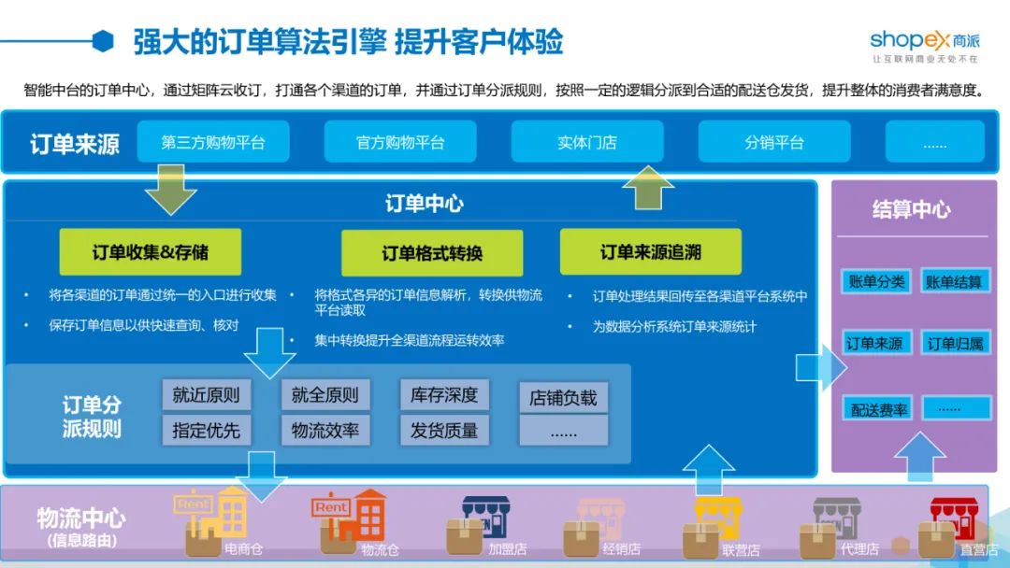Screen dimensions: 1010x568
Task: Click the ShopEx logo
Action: [x=924, y=46]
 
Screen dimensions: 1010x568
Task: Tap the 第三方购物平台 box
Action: [x=213, y=142]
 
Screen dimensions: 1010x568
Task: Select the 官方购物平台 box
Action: [x=400, y=142]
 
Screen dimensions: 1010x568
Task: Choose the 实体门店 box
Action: [x=587, y=142]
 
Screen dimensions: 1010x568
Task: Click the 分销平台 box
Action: [x=774, y=142]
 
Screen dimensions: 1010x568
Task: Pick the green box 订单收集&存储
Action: [x=150, y=252]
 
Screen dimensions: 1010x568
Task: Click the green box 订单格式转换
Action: [x=432, y=253]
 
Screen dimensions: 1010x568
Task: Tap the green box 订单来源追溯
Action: [x=651, y=251]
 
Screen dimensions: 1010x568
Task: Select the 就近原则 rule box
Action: [x=206, y=395]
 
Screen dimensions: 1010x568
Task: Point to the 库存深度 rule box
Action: [x=444, y=395]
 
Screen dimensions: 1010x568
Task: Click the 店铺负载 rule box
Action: [x=564, y=398]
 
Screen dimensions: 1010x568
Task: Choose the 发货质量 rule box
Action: [x=444, y=431]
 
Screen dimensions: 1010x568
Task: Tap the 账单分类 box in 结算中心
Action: [x=876, y=281]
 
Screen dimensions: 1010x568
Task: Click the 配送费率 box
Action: [x=877, y=409]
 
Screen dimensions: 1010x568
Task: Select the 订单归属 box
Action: [x=956, y=343]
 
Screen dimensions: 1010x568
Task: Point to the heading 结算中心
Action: [x=912, y=209]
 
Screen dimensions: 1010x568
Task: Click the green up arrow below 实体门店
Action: [x=648, y=188]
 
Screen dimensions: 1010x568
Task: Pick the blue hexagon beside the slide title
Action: [x=103, y=41]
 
